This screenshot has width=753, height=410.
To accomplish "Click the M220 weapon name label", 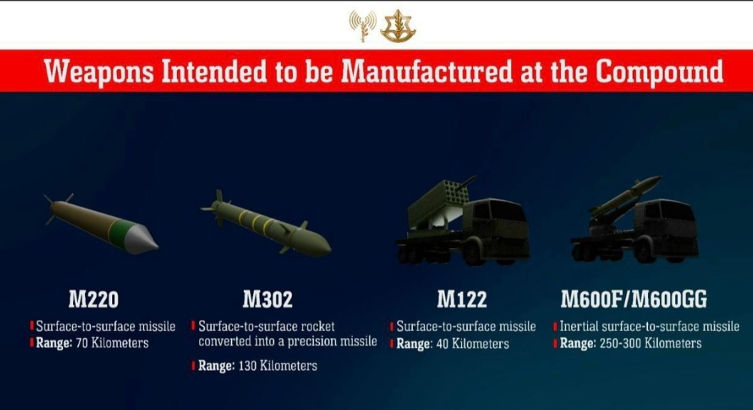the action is coord(93,299).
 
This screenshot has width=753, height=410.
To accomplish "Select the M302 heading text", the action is coord(267,299).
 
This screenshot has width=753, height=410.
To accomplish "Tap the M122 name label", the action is coord(462,299).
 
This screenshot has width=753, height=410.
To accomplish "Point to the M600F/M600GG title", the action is coord(634,299).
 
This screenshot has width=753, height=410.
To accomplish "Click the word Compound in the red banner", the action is coord(659,71).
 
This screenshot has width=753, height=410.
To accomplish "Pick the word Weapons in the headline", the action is coord(99,72).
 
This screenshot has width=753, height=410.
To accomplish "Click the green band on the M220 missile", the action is coord(118,231).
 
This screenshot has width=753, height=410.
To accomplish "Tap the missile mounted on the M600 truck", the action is coord(625,196).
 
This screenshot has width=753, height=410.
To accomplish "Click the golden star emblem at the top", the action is coord(398,26).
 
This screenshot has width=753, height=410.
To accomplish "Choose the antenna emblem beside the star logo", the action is coord(363,25).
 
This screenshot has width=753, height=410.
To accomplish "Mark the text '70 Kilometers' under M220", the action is coord(113,343).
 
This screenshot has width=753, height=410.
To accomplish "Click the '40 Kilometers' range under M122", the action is coord(472,344).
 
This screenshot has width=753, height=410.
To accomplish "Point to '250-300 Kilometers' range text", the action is coord(651,343).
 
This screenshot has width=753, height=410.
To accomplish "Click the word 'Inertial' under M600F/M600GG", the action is coord(579,327).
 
